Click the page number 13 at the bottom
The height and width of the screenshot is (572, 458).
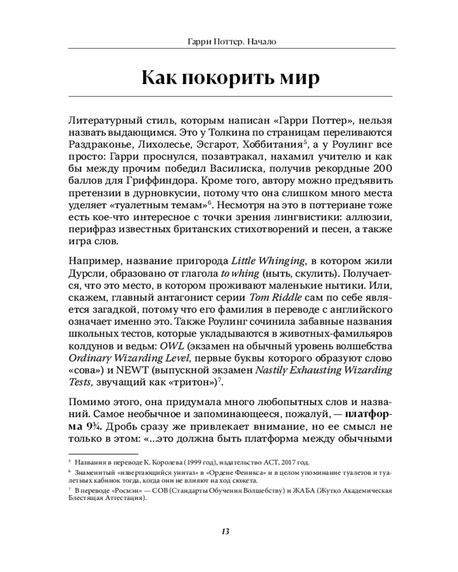tap(226, 531)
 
